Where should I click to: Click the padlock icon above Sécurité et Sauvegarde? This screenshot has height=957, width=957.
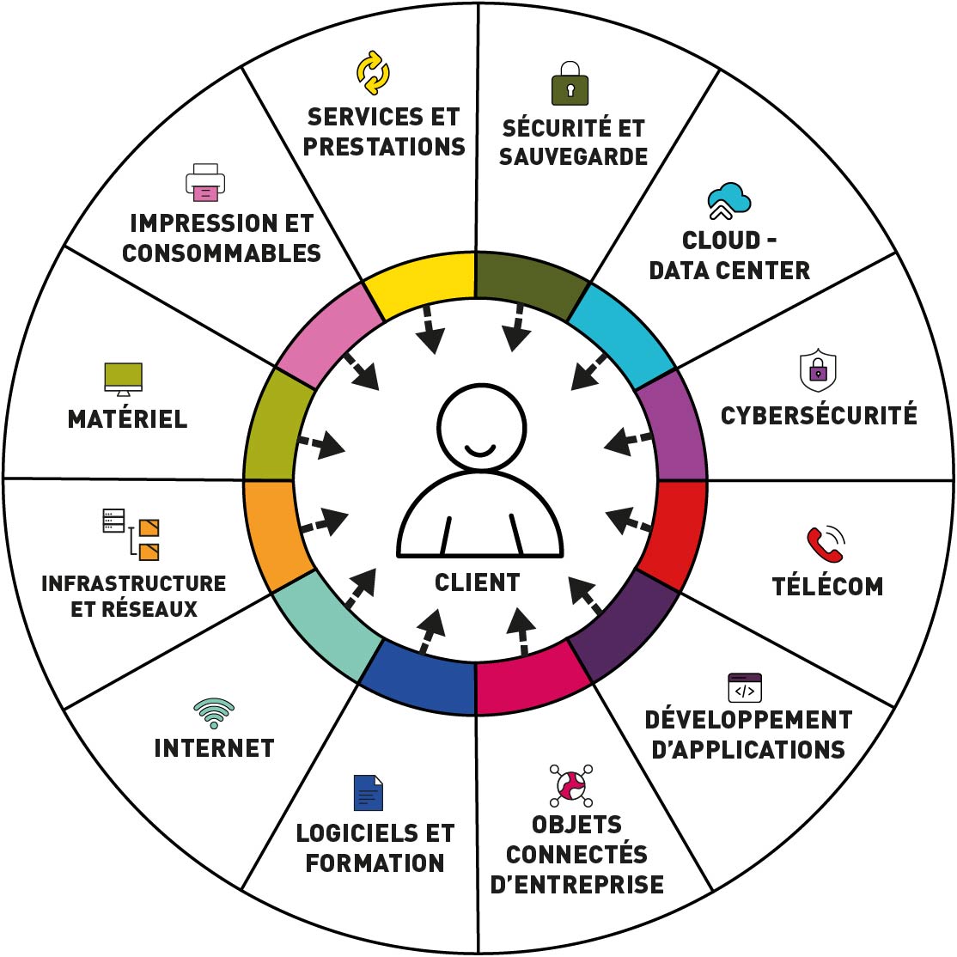coord(570,84)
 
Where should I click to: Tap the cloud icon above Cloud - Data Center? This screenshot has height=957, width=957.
coord(729,201)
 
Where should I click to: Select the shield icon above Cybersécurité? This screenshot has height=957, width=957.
coord(818,370)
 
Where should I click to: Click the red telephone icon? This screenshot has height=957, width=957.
coord(826,545)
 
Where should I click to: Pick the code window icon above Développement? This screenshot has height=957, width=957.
coord(745,688)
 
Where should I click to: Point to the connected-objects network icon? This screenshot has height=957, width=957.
coord(571,783)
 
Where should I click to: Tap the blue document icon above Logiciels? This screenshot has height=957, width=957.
coord(369,793)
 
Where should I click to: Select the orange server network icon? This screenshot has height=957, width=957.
coord(131,533)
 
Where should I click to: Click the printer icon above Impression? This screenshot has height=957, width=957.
coord(205,181)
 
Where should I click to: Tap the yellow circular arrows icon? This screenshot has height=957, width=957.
coord(373,72)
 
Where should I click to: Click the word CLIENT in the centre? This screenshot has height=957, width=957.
coord(478,582)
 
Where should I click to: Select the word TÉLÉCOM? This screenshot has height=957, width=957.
coord(827,587)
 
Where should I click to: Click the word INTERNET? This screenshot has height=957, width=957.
coord(214,748)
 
